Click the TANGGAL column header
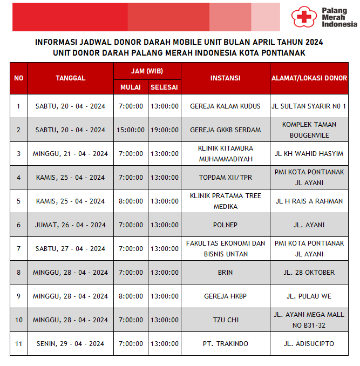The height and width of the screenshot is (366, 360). click(x=70, y=78)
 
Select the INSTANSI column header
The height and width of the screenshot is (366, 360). click(x=225, y=78)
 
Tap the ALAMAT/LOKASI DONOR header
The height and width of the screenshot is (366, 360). click(x=308, y=78)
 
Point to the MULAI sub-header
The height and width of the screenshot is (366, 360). click(x=131, y=87)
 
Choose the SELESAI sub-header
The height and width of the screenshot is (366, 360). click(x=164, y=87)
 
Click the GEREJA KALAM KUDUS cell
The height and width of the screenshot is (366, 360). click(x=225, y=106)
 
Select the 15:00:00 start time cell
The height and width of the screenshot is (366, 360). click(x=131, y=130)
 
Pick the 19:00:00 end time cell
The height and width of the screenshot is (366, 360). click(x=164, y=130)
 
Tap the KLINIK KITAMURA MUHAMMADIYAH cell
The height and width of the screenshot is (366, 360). click(x=225, y=154)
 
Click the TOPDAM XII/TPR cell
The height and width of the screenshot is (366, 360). click(x=225, y=178)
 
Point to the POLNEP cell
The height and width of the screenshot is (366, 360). click(x=225, y=225)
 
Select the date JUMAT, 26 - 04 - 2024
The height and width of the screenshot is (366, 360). click(x=70, y=225)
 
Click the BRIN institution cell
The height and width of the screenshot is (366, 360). click(x=225, y=273)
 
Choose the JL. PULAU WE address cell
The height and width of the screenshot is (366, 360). click(x=308, y=296)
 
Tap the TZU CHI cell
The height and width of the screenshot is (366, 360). click(x=225, y=320)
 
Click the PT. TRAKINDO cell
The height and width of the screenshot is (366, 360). click(x=225, y=344)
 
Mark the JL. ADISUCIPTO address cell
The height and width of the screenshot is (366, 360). click(x=308, y=344)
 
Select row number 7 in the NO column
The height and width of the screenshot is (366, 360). click(x=18, y=249)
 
